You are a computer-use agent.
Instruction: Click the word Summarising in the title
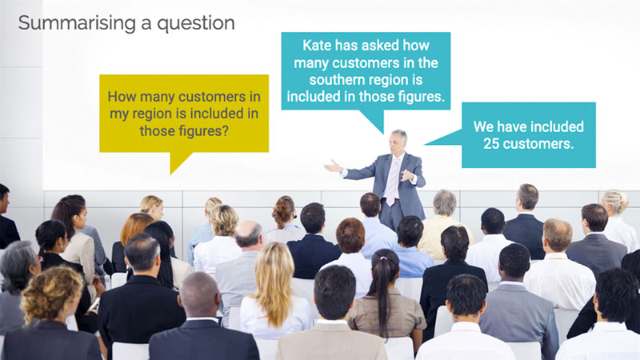77,24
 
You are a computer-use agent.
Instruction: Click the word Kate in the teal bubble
317,46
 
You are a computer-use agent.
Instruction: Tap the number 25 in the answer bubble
491,144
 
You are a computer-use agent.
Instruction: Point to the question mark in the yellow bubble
225,131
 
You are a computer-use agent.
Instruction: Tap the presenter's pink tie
392,182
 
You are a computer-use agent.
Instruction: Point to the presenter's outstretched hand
333,166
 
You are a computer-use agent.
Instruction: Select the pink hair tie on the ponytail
383,258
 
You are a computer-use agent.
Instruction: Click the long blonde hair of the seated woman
274,282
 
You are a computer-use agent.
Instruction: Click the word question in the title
196,24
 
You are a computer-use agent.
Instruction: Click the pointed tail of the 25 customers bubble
426,144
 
